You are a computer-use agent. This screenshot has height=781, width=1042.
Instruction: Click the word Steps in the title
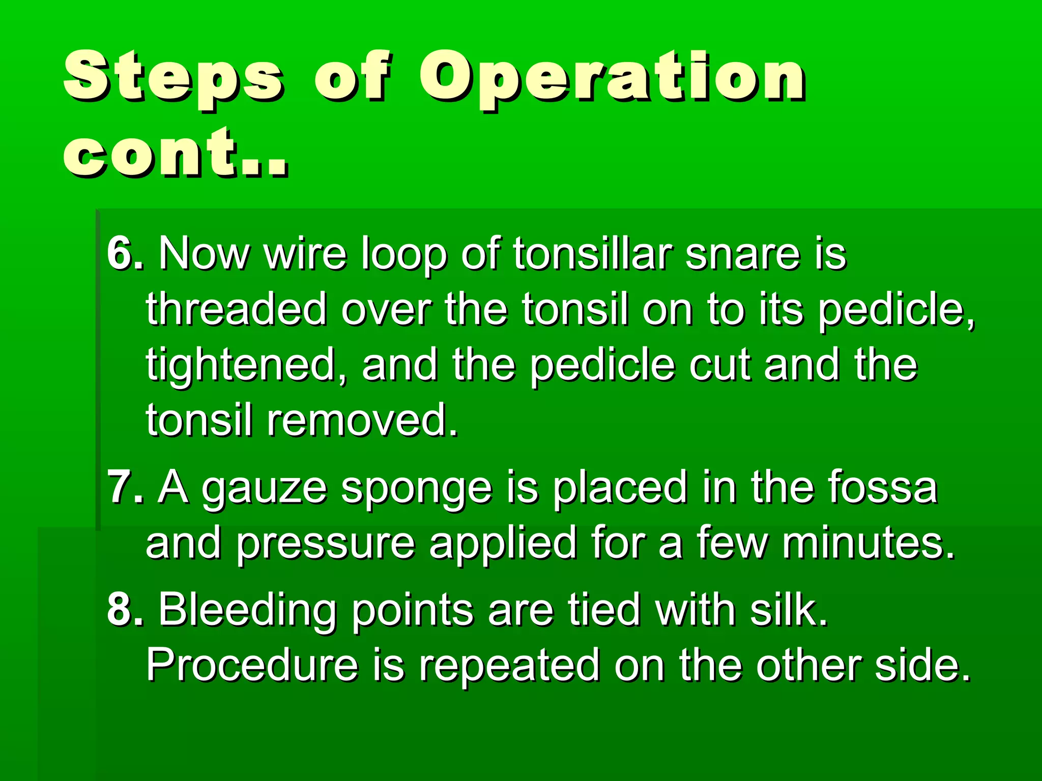173,76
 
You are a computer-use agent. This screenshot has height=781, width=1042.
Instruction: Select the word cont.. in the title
176,153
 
